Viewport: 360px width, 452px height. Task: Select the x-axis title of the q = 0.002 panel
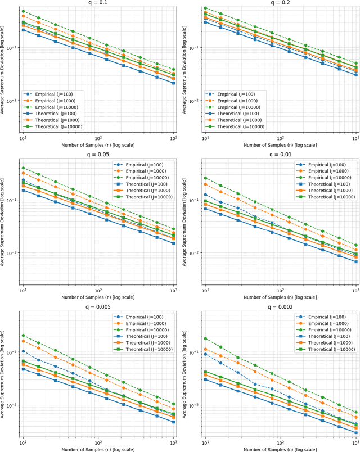click(x=281, y=448)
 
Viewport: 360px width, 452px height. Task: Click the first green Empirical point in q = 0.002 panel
click(x=205, y=338)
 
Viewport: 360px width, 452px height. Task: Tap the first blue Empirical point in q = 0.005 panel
click(x=23, y=351)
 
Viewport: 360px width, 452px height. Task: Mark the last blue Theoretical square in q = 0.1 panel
click(x=173, y=83)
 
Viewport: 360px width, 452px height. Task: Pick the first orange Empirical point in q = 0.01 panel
click(x=205, y=184)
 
